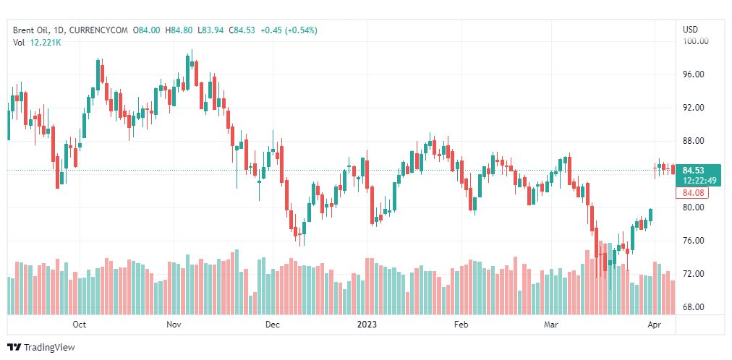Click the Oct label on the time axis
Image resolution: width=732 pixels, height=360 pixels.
point(80,325)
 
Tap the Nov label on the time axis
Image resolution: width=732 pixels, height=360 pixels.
point(174,325)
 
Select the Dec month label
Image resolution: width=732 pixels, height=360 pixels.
point(272,325)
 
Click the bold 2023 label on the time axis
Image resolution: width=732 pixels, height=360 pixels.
point(367,325)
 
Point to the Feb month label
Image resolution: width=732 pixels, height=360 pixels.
point(461,325)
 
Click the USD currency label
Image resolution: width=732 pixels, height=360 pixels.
point(690,30)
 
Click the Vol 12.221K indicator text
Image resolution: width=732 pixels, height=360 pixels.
point(38,43)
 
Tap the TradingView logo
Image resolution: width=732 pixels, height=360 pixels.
point(41,347)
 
